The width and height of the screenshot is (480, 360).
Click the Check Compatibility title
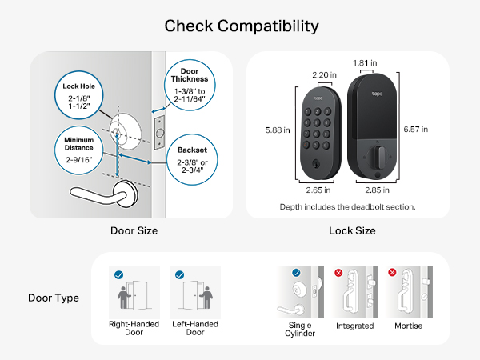pos(241,26)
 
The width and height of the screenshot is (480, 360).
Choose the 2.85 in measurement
pos(375,190)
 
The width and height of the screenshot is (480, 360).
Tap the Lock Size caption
pos(352,230)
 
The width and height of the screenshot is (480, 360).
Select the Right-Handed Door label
pos(131,330)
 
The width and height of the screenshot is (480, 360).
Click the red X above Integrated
pos(338,273)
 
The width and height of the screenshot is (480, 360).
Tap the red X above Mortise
pos(393,273)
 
